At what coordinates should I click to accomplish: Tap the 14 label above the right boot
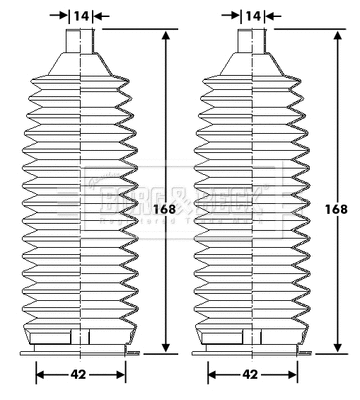point(254,15)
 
